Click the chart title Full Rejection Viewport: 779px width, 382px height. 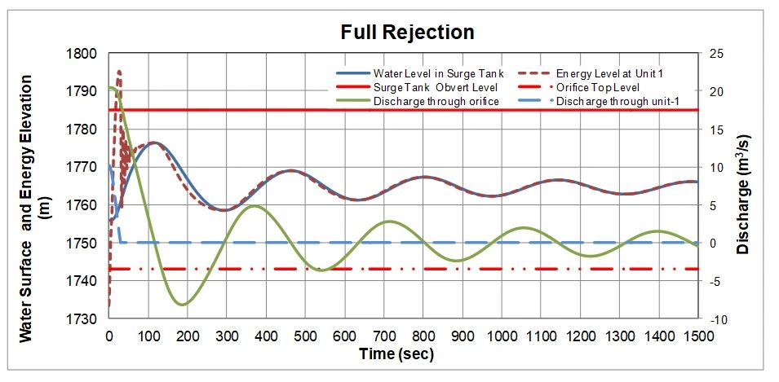point(407,33)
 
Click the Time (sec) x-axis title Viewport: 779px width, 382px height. point(396,354)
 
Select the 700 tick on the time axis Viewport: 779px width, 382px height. point(383,336)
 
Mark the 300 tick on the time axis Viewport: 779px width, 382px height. point(226,336)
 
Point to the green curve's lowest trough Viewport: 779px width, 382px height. point(182,305)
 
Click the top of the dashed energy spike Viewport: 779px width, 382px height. point(119,72)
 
